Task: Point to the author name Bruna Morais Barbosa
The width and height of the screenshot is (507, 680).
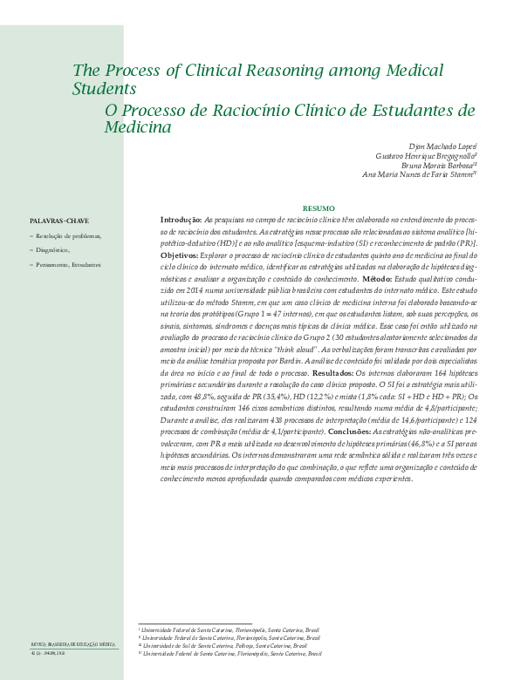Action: pos(438,164)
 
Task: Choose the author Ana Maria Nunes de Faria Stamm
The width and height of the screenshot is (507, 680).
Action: pos(419,173)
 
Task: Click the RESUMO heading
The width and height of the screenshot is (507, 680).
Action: pos(318,208)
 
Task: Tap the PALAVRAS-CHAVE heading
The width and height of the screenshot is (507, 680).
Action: pos(58,221)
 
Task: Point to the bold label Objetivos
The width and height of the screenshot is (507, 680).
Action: pos(179,255)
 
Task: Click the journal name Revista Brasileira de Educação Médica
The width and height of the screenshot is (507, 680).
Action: pos(73,644)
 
